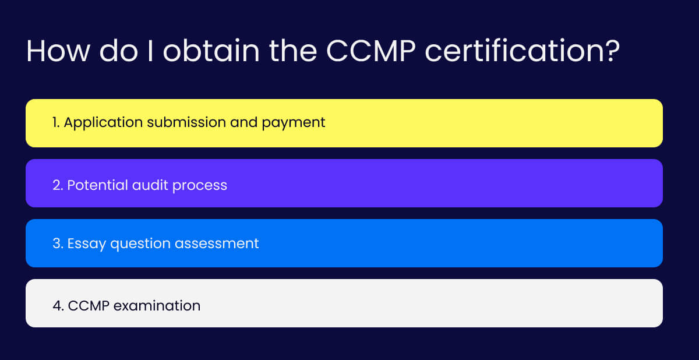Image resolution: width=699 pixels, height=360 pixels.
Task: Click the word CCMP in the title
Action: [x=370, y=51]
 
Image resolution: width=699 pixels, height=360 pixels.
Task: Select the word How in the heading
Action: [x=58, y=51]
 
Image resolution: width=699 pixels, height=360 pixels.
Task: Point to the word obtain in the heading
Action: [x=211, y=50]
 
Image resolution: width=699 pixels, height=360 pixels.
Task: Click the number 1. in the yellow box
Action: [x=56, y=122]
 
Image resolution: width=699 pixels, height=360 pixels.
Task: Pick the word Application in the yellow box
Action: [x=103, y=123]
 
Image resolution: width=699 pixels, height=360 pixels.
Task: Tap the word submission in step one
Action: [x=186, y=122]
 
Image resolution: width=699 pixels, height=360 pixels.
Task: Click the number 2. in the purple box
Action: [x=58, y=185]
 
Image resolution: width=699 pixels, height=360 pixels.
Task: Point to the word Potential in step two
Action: [x=98, y=185]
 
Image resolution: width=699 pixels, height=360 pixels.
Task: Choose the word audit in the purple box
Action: [x=150, y=185]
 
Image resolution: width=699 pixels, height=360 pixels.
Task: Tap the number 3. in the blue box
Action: [x=58, y=243]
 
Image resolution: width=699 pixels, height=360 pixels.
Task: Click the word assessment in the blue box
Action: [x=217, y=244]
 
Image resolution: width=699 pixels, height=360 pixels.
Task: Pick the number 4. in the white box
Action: [x=58, y=306]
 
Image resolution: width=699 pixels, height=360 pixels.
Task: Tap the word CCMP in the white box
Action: [x=89, y=306]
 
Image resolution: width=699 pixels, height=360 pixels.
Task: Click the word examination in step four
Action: [x=157, y=306]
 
